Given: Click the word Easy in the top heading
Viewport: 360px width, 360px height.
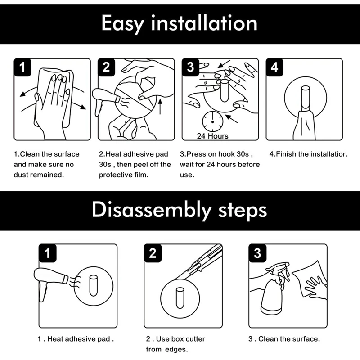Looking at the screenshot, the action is pyautogui.click(x=122, y=24).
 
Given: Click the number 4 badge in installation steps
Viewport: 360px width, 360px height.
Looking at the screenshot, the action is pyautogui.click(x=274, y=67).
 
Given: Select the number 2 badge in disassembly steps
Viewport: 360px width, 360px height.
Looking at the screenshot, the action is pyautogui.click(x=153, y=253).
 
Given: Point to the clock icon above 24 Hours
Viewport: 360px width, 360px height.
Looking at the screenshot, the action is pyautogui.click(x=212, y=121).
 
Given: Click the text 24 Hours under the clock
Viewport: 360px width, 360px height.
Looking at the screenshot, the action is pyautogui.click(x=212, y=136).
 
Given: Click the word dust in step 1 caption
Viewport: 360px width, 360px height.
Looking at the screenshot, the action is pyautogui.click(x=21, y=175).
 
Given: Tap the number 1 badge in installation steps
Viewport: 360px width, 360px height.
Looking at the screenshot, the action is pyautogui.click(x=22, y=67).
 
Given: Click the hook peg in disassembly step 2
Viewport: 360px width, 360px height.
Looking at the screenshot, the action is pyautogui.click(x=180, y=298).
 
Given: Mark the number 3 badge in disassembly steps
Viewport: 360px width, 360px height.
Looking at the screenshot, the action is pyautogui.click(x=257, y=253).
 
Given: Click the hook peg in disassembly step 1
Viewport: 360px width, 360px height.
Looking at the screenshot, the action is pyautogui.click(x=93, y=286).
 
